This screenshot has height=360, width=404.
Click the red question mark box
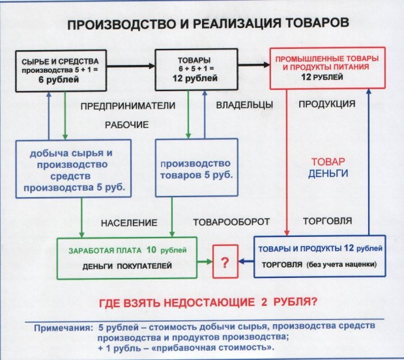tap(224, 263)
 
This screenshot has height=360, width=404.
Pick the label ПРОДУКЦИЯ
tap(326, 105)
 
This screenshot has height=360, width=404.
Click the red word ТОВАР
tap(328, 161)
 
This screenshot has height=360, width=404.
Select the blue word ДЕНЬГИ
tap(328, 173)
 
